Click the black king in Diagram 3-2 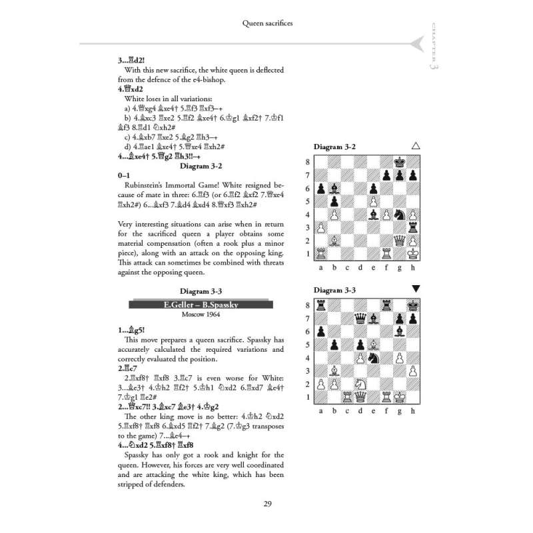point(399,161)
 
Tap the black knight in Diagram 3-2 point(399,215)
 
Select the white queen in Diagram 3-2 point(399,241)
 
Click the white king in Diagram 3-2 point(412,255)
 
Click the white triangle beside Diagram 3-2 point(416,145)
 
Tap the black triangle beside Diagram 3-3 point(416,288)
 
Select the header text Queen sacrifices point(266,26)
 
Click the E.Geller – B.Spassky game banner point(194,305)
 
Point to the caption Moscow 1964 point(194,316)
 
